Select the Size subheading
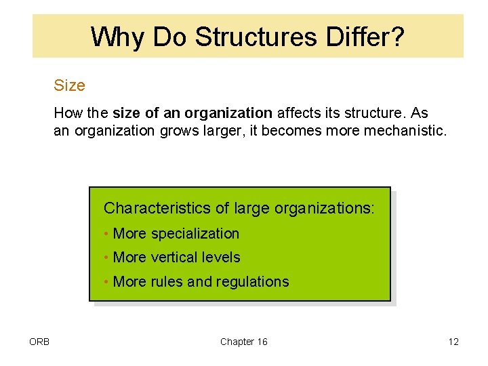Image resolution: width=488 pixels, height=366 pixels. click(69, 86)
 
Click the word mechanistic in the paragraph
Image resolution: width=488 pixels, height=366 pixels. click(405, 131)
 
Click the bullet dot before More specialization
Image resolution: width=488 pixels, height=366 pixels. click(107, 235)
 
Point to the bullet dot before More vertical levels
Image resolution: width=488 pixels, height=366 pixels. click(107, 258)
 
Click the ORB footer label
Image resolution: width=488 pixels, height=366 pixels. click(40, 342)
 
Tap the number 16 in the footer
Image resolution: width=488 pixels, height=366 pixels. click(261, 342)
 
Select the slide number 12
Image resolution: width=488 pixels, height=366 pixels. click(453, 342)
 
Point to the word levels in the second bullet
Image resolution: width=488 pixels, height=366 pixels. click(224, 258)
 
